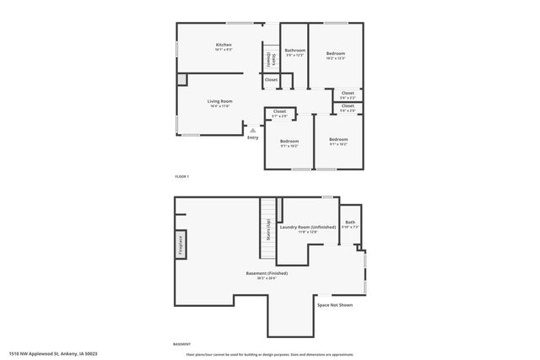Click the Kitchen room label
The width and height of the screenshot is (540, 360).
pos(224,45)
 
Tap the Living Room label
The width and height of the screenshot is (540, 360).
pos(220,101)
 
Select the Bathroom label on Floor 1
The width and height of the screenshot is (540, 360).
pos(294,51)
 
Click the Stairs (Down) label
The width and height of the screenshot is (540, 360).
pos(269,59)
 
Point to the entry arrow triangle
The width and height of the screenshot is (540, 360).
pos(251,130)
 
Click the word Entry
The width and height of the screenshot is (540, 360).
pos(252,137)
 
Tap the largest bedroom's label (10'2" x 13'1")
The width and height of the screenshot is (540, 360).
pos(335,54)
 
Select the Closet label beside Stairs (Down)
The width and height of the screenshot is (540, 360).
pos(271,80)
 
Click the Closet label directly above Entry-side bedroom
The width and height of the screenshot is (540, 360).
pos(279,111)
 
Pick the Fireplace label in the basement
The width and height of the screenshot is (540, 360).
pos(181,244)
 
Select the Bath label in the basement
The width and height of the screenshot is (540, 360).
pos(350,223)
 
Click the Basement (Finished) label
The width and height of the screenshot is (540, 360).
pos(267,273)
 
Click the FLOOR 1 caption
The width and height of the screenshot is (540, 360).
pos(181,176)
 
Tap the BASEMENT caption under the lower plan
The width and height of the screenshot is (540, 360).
pos(181,344)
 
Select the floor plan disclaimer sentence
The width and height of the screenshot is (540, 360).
pos(269,354)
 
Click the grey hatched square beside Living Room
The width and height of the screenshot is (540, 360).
pos(181,79)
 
